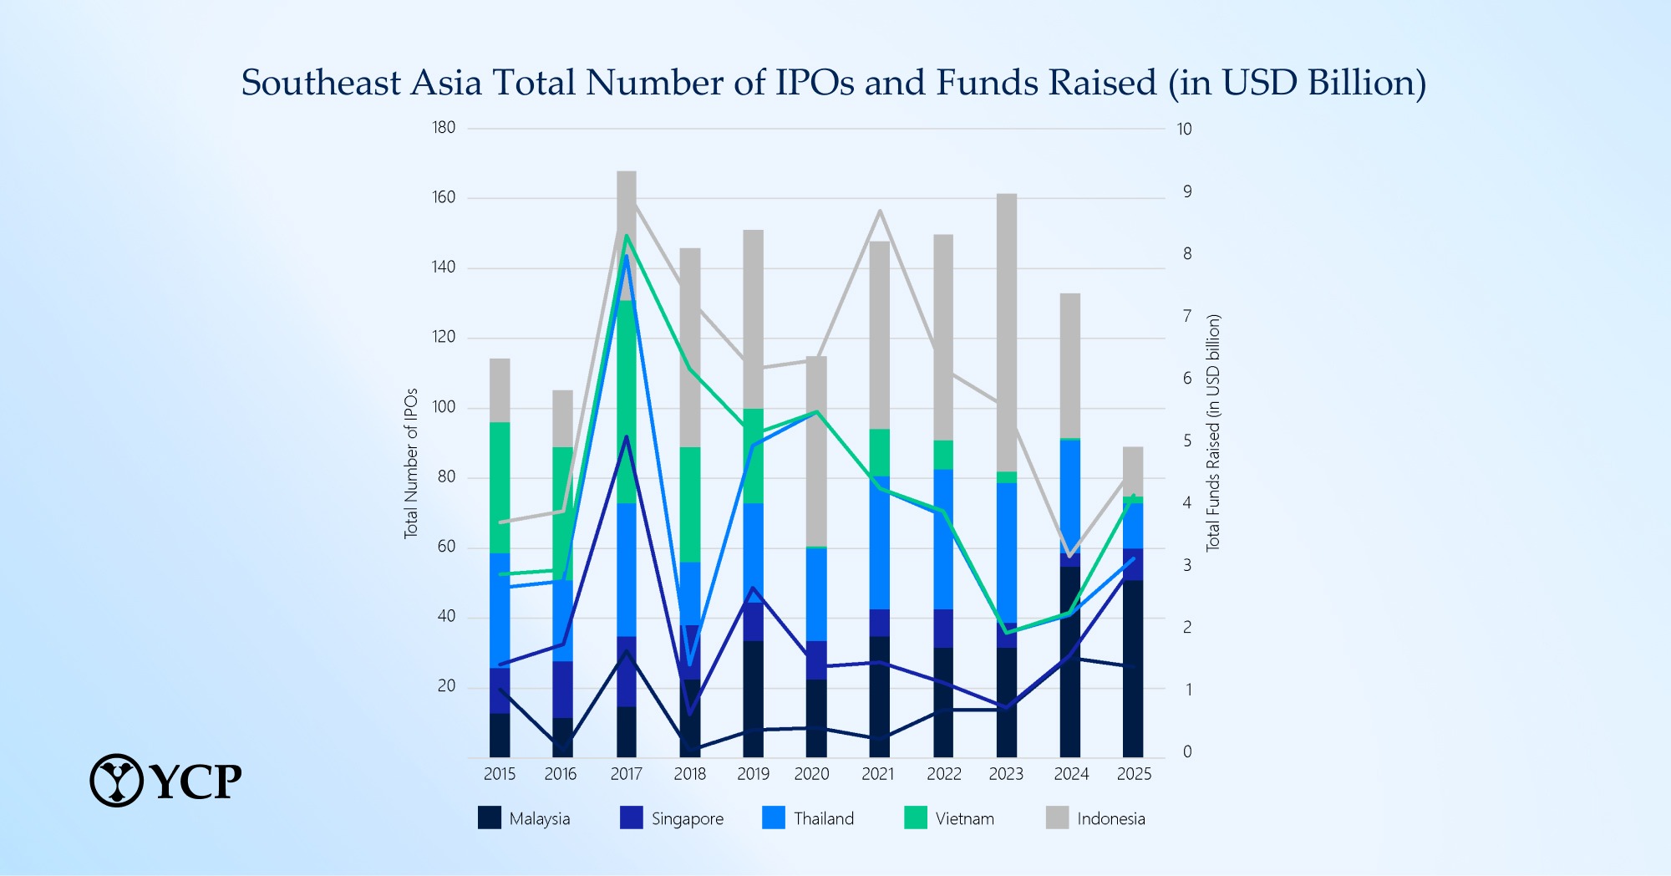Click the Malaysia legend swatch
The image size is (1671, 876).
[490, 817]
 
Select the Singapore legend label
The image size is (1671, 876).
[687, 819]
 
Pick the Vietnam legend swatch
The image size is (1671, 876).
[916, 817]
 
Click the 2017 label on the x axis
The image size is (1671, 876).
[626, 774]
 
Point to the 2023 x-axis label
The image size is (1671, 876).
[1006, 774]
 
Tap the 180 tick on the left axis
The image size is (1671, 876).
[444, 128]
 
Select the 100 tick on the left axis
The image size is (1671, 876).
[444, 407]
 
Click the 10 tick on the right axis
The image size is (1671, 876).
[1184, 129]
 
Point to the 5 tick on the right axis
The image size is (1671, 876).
[1186, 441]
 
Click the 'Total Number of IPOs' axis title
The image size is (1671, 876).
[410, 463]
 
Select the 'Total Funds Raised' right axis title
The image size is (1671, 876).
[1213, 432]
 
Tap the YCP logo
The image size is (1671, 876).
[165, 781]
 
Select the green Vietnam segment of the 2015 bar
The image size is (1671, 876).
[500, 487]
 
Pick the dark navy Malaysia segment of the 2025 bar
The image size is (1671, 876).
[1133, 669]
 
